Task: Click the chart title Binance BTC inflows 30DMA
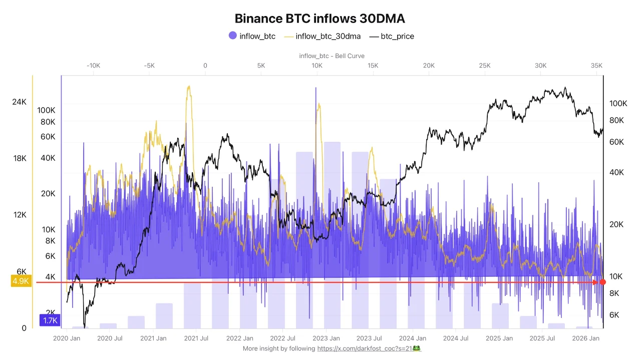(319, 19)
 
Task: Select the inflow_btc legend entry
(252, 36)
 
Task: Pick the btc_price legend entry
(392, 36)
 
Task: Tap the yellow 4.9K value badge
(21, 281)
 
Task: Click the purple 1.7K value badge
(50, 320)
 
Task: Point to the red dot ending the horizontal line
(603, 282)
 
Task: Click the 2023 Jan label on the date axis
(327, 338)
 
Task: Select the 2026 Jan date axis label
(586, 338)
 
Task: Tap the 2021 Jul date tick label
(196, 338)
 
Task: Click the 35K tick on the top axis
(596, 66)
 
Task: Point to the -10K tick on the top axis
(93, 66)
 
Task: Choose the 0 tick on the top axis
(205, 66)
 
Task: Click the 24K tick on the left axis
(19, 102)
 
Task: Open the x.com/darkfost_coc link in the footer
(364, 348)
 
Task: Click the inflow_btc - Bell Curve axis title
(332, 56)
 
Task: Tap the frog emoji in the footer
(416, 348)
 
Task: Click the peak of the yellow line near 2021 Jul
(189, 87)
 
